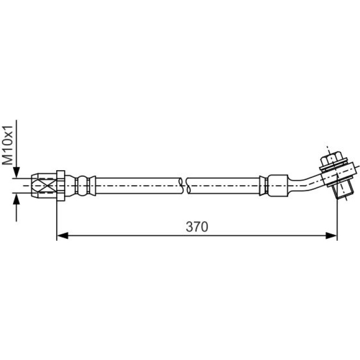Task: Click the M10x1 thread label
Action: coord(7,145)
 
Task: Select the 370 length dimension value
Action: coord(197,227)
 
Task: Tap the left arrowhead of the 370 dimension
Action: coord(63,235)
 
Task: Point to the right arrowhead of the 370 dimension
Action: coord(331,235)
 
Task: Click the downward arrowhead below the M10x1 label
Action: coord(16,172)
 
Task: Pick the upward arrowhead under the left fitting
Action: coord(16,198)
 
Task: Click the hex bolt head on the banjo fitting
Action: coord(330,159)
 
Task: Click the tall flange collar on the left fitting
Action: coord(61,186)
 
